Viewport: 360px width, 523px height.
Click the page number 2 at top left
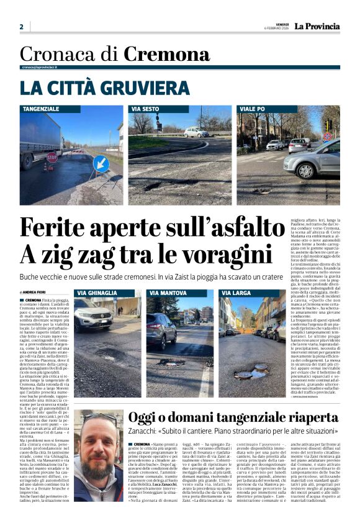[x=21, y=27]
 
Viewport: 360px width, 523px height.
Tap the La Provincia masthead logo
[x=317, y=26]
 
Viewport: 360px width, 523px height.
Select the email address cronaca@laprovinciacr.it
[x=47, y=66]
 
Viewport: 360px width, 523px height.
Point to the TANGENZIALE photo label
[x=42, y=109]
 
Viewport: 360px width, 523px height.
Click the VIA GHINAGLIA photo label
[x=97, y=293]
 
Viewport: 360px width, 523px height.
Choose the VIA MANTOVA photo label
[x=166, y=293]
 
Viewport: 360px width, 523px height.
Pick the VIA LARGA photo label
[x=235, y=293]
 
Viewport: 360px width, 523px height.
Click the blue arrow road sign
[x=101, y=165]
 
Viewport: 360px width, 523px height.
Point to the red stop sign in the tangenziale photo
[x=52, y=157]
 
